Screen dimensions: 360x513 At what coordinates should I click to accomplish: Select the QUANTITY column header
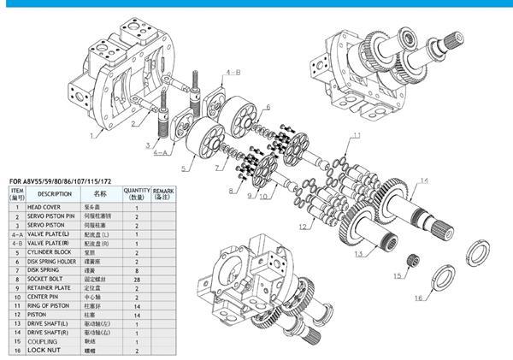[136, 194]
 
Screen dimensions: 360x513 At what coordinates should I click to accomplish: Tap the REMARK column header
[162, 194]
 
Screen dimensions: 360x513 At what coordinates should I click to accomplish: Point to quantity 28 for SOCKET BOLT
[136, 278]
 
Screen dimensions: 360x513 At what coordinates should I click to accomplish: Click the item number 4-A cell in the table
[16, 233]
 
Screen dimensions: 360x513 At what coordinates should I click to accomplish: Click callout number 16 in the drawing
[417, 299]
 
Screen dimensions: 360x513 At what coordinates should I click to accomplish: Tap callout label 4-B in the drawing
[233, 75]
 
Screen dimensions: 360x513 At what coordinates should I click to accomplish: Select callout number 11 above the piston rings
[357, 135]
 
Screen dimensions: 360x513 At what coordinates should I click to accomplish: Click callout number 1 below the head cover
[91, 135]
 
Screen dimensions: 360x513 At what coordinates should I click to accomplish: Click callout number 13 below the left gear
[358, 255]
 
